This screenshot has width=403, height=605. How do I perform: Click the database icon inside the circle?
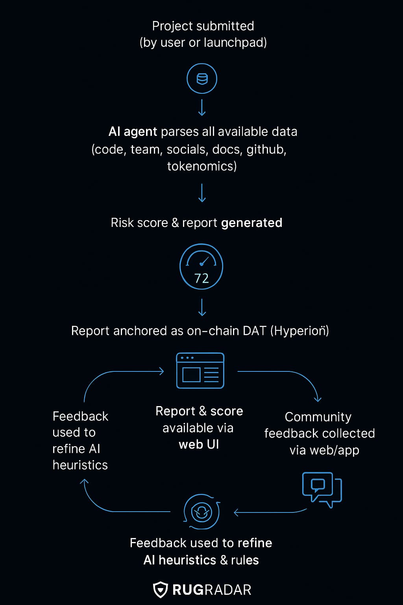tap(202, 79)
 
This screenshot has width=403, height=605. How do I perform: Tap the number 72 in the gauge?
tap(201, 278)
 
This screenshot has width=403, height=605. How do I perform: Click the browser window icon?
tap(200, 370)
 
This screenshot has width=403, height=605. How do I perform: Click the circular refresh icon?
tap(201, 512)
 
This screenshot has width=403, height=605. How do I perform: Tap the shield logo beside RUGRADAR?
tap(160, 590)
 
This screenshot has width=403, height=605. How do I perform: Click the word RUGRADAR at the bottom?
tap(212, 590)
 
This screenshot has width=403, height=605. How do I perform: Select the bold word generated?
tap(251, 223)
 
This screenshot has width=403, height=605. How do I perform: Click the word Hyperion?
tap(299, 331)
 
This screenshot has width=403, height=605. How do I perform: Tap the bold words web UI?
tap(199, 445)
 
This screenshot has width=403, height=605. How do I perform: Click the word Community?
tap(318, 417)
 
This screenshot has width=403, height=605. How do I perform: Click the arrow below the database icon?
tap(202, 108)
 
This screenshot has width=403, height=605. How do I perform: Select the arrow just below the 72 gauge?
tap(202, 307)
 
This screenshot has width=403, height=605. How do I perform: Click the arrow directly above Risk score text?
tap(202, 193)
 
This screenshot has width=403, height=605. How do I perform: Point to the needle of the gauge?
tap(205, 261)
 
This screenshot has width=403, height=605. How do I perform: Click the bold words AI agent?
tap(133, 132)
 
